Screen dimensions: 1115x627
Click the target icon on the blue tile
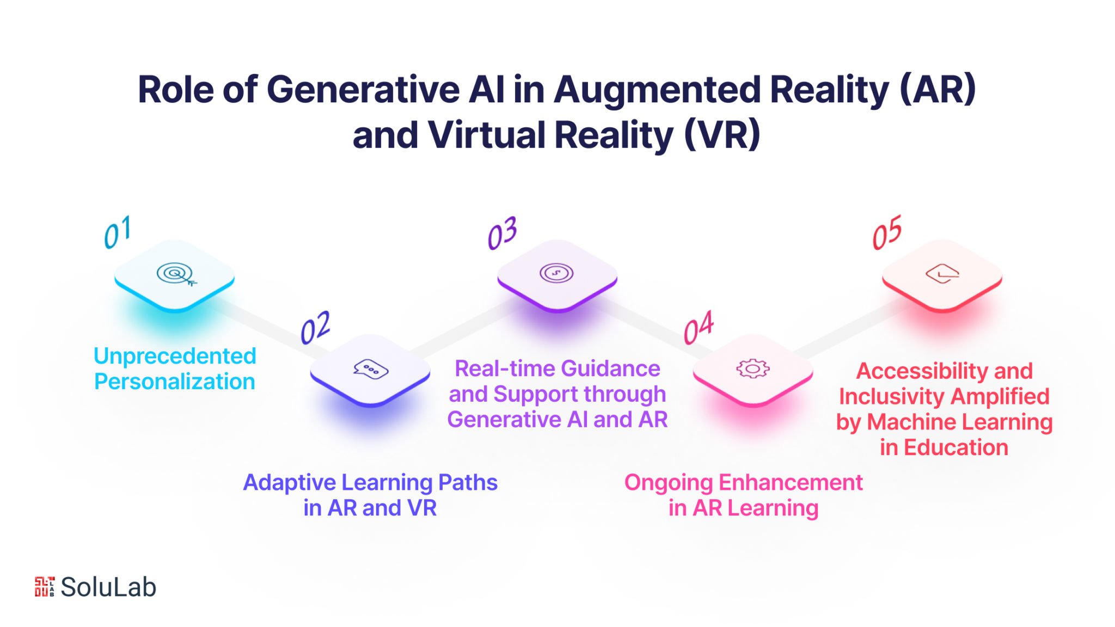click(176, 274)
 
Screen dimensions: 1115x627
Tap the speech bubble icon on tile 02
click(371, 369)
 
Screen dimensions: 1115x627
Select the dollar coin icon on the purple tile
click(556, 273)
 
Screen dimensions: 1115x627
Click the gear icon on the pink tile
click(753, 368)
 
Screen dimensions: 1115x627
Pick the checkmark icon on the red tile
click(942, 274)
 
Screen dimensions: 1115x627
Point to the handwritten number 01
click(118, 232)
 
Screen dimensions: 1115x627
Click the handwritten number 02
click(316, 328)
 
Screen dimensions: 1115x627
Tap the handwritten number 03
click(502, 233)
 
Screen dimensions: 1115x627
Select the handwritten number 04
click(699, 328)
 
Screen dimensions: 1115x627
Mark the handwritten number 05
click(887, 232)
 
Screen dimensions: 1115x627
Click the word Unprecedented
click(175, 356)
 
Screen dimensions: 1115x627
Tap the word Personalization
click(175, 382)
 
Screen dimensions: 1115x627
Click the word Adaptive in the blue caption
click(290, 483)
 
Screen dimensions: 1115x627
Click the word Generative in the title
click(363, 89)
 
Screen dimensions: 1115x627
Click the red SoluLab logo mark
click(45, 587)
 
